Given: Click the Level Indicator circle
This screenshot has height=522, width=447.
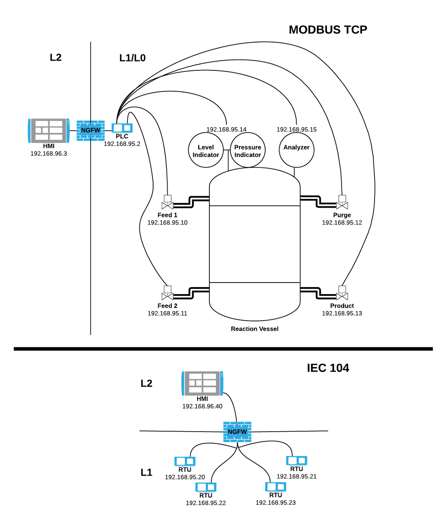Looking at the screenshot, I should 206,150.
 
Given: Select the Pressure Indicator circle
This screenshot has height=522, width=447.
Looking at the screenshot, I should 248,150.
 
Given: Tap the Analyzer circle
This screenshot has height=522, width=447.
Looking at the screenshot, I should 297,150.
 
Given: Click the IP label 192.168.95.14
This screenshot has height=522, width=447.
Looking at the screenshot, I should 226,129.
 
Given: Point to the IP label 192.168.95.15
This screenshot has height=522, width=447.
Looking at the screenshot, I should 297,129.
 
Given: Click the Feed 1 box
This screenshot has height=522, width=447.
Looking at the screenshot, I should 168,219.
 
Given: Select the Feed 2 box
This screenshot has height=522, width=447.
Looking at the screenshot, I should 167,310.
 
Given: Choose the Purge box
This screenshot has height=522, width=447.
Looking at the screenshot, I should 342,219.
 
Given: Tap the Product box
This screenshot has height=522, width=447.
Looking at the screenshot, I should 342,310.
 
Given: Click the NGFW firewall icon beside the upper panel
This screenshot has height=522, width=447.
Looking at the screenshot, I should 91,130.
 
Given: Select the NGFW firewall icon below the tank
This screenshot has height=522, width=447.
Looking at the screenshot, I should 237,432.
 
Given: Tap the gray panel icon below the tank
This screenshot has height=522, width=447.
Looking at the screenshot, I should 202,383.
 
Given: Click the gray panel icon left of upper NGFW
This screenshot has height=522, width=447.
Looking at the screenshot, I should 48,130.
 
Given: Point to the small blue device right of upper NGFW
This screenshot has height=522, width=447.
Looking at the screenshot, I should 122,128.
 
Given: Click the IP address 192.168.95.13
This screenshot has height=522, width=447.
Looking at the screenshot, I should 342,313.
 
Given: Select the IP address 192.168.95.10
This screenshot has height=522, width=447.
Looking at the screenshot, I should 168,223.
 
